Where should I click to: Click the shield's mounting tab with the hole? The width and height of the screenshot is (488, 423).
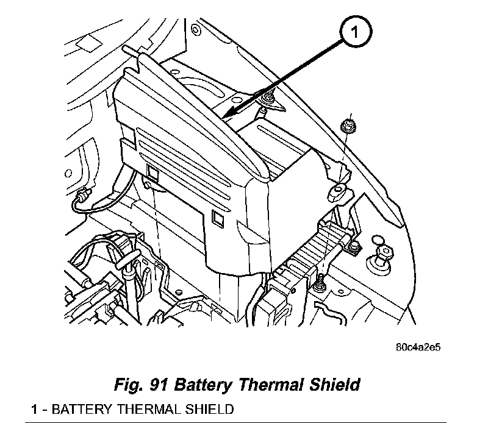tap(337, 192)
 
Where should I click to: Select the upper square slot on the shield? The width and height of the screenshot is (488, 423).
tap(152, 174)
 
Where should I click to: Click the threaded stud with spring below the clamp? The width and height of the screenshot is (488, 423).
tap(319, 281)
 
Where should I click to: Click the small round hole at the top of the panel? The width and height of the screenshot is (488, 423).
tap(194, 29)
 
